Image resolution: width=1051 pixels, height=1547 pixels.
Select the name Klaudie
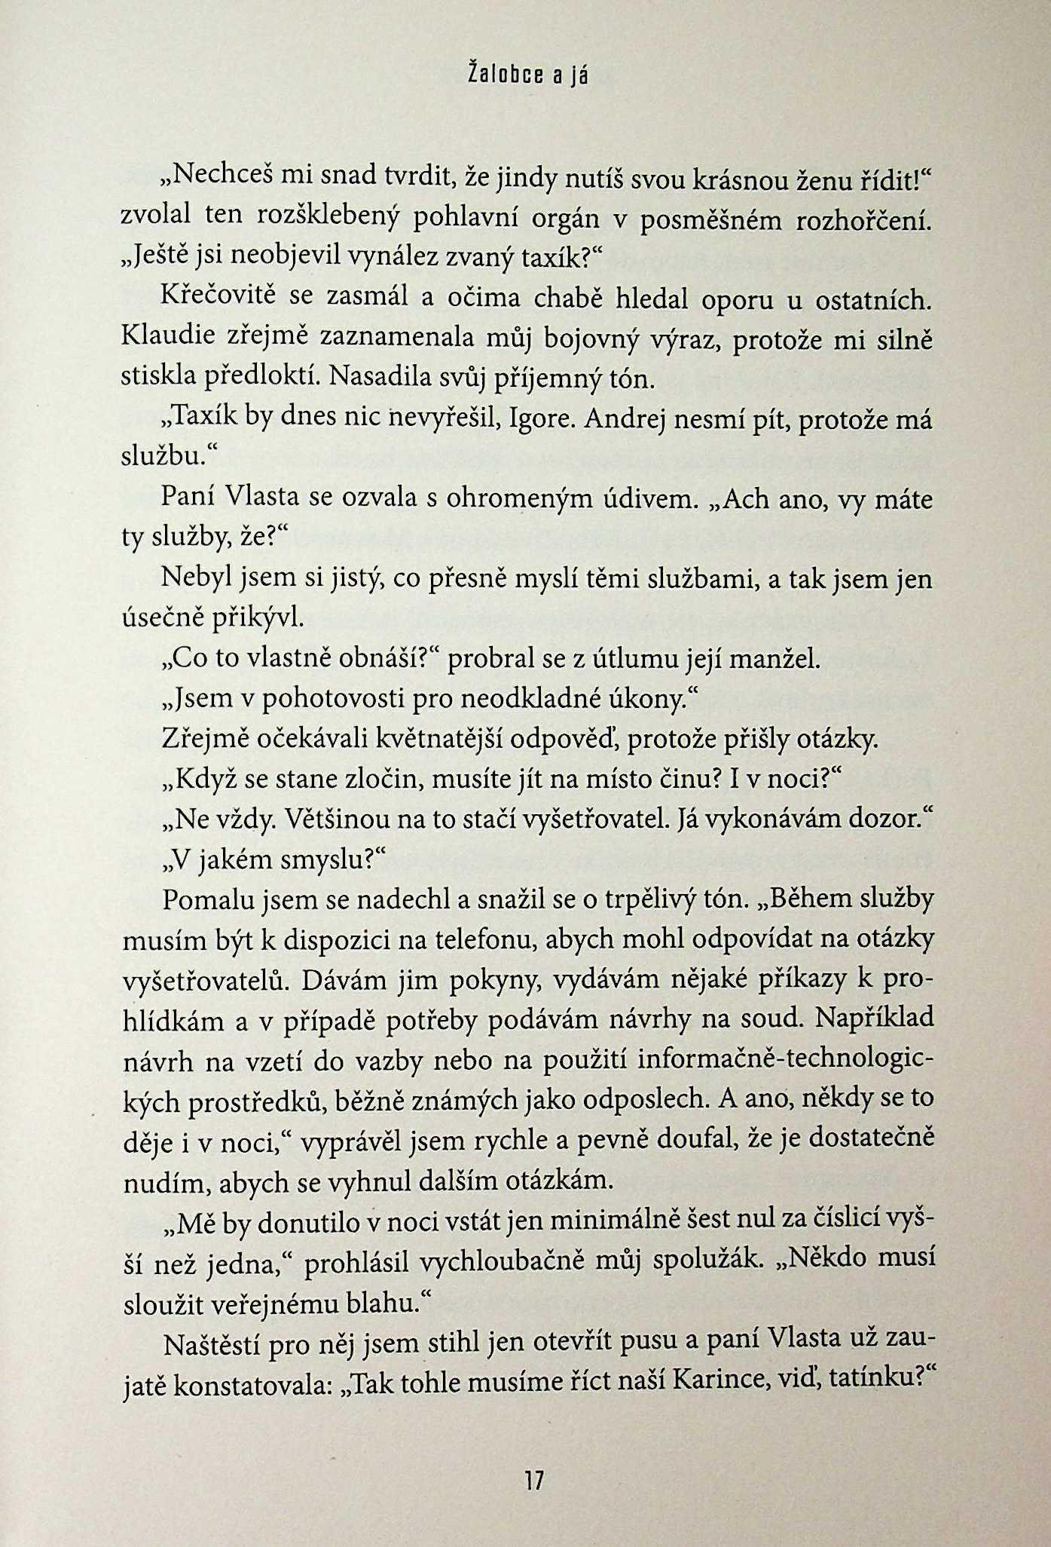point(170,338)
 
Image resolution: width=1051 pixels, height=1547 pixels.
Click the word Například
point(874,1019)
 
